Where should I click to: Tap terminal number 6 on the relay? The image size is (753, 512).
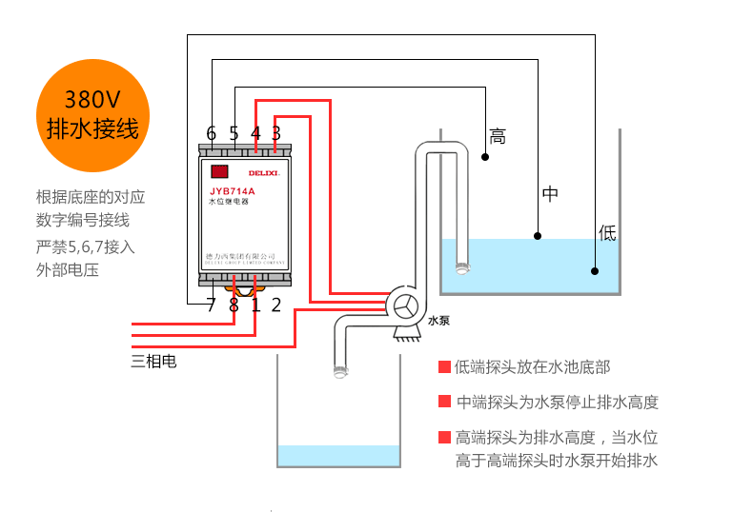211,133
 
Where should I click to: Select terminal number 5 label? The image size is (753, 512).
234,133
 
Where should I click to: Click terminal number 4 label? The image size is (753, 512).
255,133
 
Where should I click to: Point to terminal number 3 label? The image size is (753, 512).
276,133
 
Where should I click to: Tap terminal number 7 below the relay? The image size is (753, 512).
211,305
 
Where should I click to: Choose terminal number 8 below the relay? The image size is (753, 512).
234,305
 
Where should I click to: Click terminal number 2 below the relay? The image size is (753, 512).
276,305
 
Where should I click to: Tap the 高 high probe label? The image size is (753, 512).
497,136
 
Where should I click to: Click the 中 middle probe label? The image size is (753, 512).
550,194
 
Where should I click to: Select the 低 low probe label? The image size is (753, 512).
607,231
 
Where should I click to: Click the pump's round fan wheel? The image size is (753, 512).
406,306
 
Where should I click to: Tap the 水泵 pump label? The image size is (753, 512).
438,322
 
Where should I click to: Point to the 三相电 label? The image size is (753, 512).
153,361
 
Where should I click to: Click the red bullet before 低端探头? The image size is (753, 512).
443,367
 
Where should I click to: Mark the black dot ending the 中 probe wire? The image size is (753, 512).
538,235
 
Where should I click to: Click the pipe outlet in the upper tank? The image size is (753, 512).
462,267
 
